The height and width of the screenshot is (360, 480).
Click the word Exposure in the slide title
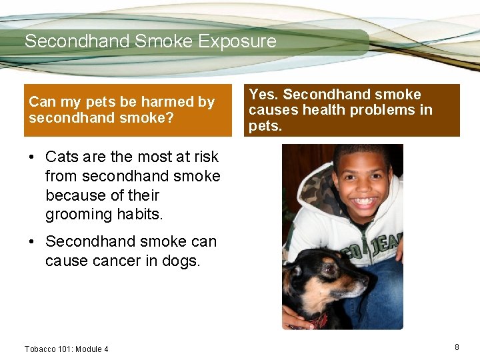[x=238, y=41]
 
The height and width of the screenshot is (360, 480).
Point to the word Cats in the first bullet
[x=63, y=157]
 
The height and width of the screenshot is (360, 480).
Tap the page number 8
[x=457, y=347]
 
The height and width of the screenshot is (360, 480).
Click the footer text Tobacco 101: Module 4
[x=66, y=349]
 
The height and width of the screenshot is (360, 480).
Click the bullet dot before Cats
[x=31, y=157]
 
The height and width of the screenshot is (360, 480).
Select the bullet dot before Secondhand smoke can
[x=31, y=242]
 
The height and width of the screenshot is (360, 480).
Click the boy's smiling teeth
[x=363, y=201]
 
